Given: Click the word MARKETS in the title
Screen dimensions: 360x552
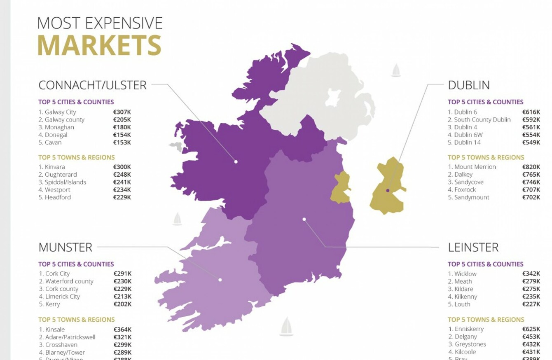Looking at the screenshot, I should (99, 45).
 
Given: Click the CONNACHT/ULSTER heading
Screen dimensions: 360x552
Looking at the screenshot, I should (92, 85).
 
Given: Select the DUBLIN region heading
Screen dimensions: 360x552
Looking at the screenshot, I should (469, 85).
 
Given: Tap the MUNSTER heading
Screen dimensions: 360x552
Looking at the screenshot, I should (65, 247).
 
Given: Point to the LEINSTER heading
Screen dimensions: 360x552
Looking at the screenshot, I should (473, 247).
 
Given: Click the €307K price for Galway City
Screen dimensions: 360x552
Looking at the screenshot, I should (122, 112).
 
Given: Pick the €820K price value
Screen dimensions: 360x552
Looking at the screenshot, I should (531, 167).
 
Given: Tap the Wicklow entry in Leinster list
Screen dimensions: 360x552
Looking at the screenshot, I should (465, 274).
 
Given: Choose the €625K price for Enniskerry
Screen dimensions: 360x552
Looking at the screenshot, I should (531, 329).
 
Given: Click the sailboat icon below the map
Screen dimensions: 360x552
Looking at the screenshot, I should (286, 327).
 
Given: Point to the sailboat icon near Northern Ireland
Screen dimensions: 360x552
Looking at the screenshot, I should (396, 70).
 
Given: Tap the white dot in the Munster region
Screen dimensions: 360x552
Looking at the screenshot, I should (220, 280).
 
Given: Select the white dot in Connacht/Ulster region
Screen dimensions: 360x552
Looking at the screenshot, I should (236, 162).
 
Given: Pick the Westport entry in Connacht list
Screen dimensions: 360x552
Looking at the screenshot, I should (57, 190).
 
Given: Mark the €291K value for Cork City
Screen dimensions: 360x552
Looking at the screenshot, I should (122, 274).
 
